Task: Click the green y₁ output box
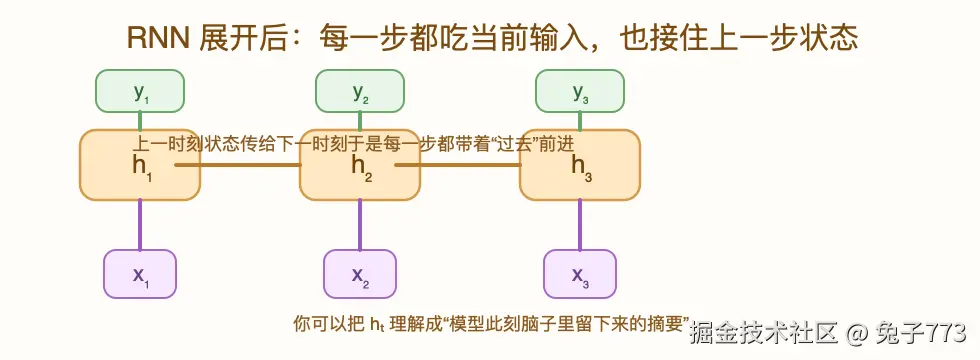[x=140, y=91]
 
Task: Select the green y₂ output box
[x=360, y=91]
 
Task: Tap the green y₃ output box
[x=580, y=91]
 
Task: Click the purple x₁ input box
[x=140, y=274]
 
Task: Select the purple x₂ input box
[x=360, y=274]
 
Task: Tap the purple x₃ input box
[x=580, y=274]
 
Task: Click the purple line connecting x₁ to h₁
[x=140, y=224]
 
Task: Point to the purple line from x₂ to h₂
[x=360, y=224]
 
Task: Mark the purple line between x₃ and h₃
[x=580, y=224]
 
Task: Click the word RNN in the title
[x=152, y=37]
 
